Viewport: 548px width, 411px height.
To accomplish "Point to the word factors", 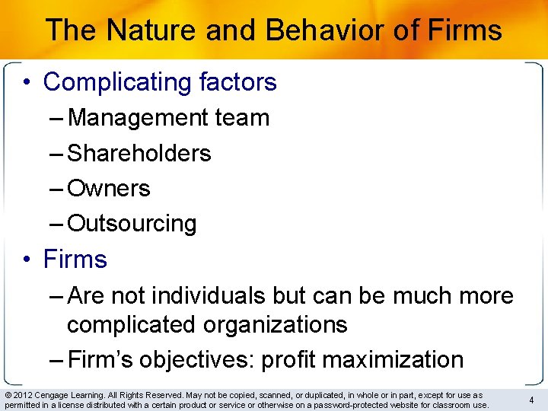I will pos(237,82).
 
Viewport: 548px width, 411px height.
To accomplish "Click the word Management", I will pos(136,118).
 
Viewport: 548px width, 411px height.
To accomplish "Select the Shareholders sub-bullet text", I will pos(139,153).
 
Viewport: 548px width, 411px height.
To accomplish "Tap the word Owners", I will pos(109,188).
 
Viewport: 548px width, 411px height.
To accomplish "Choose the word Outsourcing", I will pos(132,223).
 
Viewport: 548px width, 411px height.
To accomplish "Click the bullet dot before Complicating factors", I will pos(27,82).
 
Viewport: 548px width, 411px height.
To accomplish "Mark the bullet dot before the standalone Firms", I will pos(27,260).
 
